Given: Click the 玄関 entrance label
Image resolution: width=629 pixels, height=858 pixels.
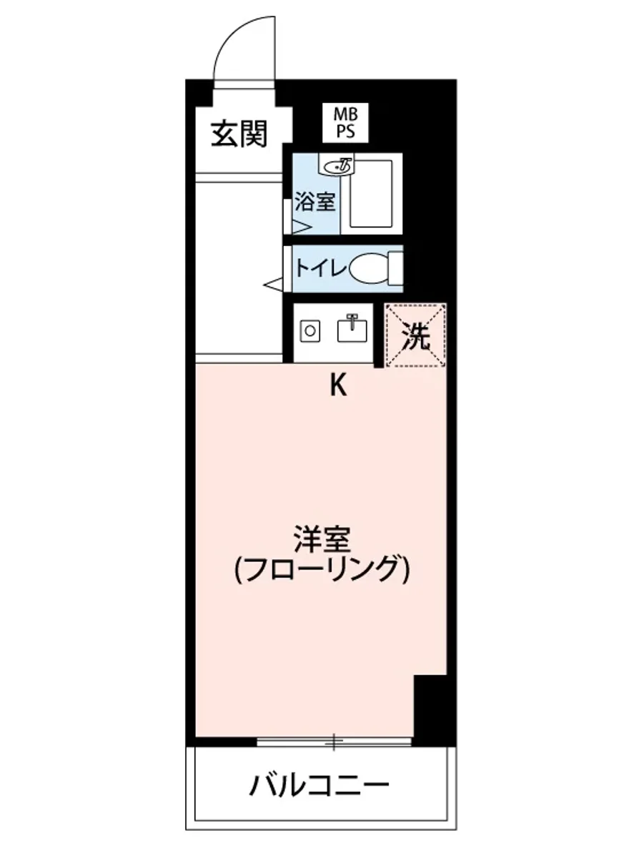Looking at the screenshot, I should (x=239, y=134).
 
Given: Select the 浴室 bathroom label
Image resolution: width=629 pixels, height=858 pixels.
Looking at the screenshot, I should (x=314, y=202).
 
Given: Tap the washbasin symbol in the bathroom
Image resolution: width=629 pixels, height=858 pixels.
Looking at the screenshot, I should (x=337, y=166).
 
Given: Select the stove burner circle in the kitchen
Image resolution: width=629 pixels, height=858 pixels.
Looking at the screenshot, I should (x=310, y=331).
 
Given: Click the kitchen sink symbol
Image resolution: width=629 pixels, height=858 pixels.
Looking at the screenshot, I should (x=351, y=330).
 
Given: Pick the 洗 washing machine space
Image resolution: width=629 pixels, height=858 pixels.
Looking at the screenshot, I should (x=416, y=335).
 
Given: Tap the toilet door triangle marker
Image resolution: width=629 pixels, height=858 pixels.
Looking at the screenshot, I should (x=274, y=285).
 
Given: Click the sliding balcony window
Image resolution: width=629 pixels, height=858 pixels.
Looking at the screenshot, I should (x=334, y=741).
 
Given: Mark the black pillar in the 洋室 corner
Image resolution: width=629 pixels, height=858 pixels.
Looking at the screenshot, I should (x=431, y=708).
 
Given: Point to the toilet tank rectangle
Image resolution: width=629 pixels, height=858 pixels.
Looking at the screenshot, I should (x=395, y=269).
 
